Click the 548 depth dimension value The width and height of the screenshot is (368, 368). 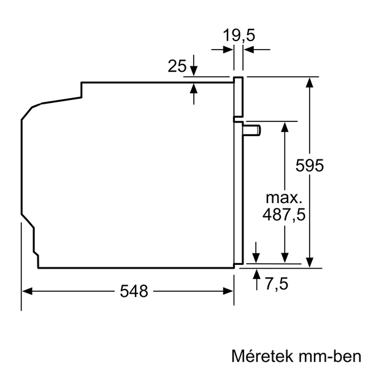pyautogui.click(x=134, y=291)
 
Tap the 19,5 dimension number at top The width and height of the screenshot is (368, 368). pyautogui.click(x=238, y=36)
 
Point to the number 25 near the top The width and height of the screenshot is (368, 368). pyautogui.click(x=177, y=66)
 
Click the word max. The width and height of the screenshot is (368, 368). pyautogui.click(x=284, y=197)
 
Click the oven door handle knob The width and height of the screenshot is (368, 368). pyautogui.click(x=253, y=129)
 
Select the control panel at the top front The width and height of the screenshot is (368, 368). pyautogui.click(x=238, y=96)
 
